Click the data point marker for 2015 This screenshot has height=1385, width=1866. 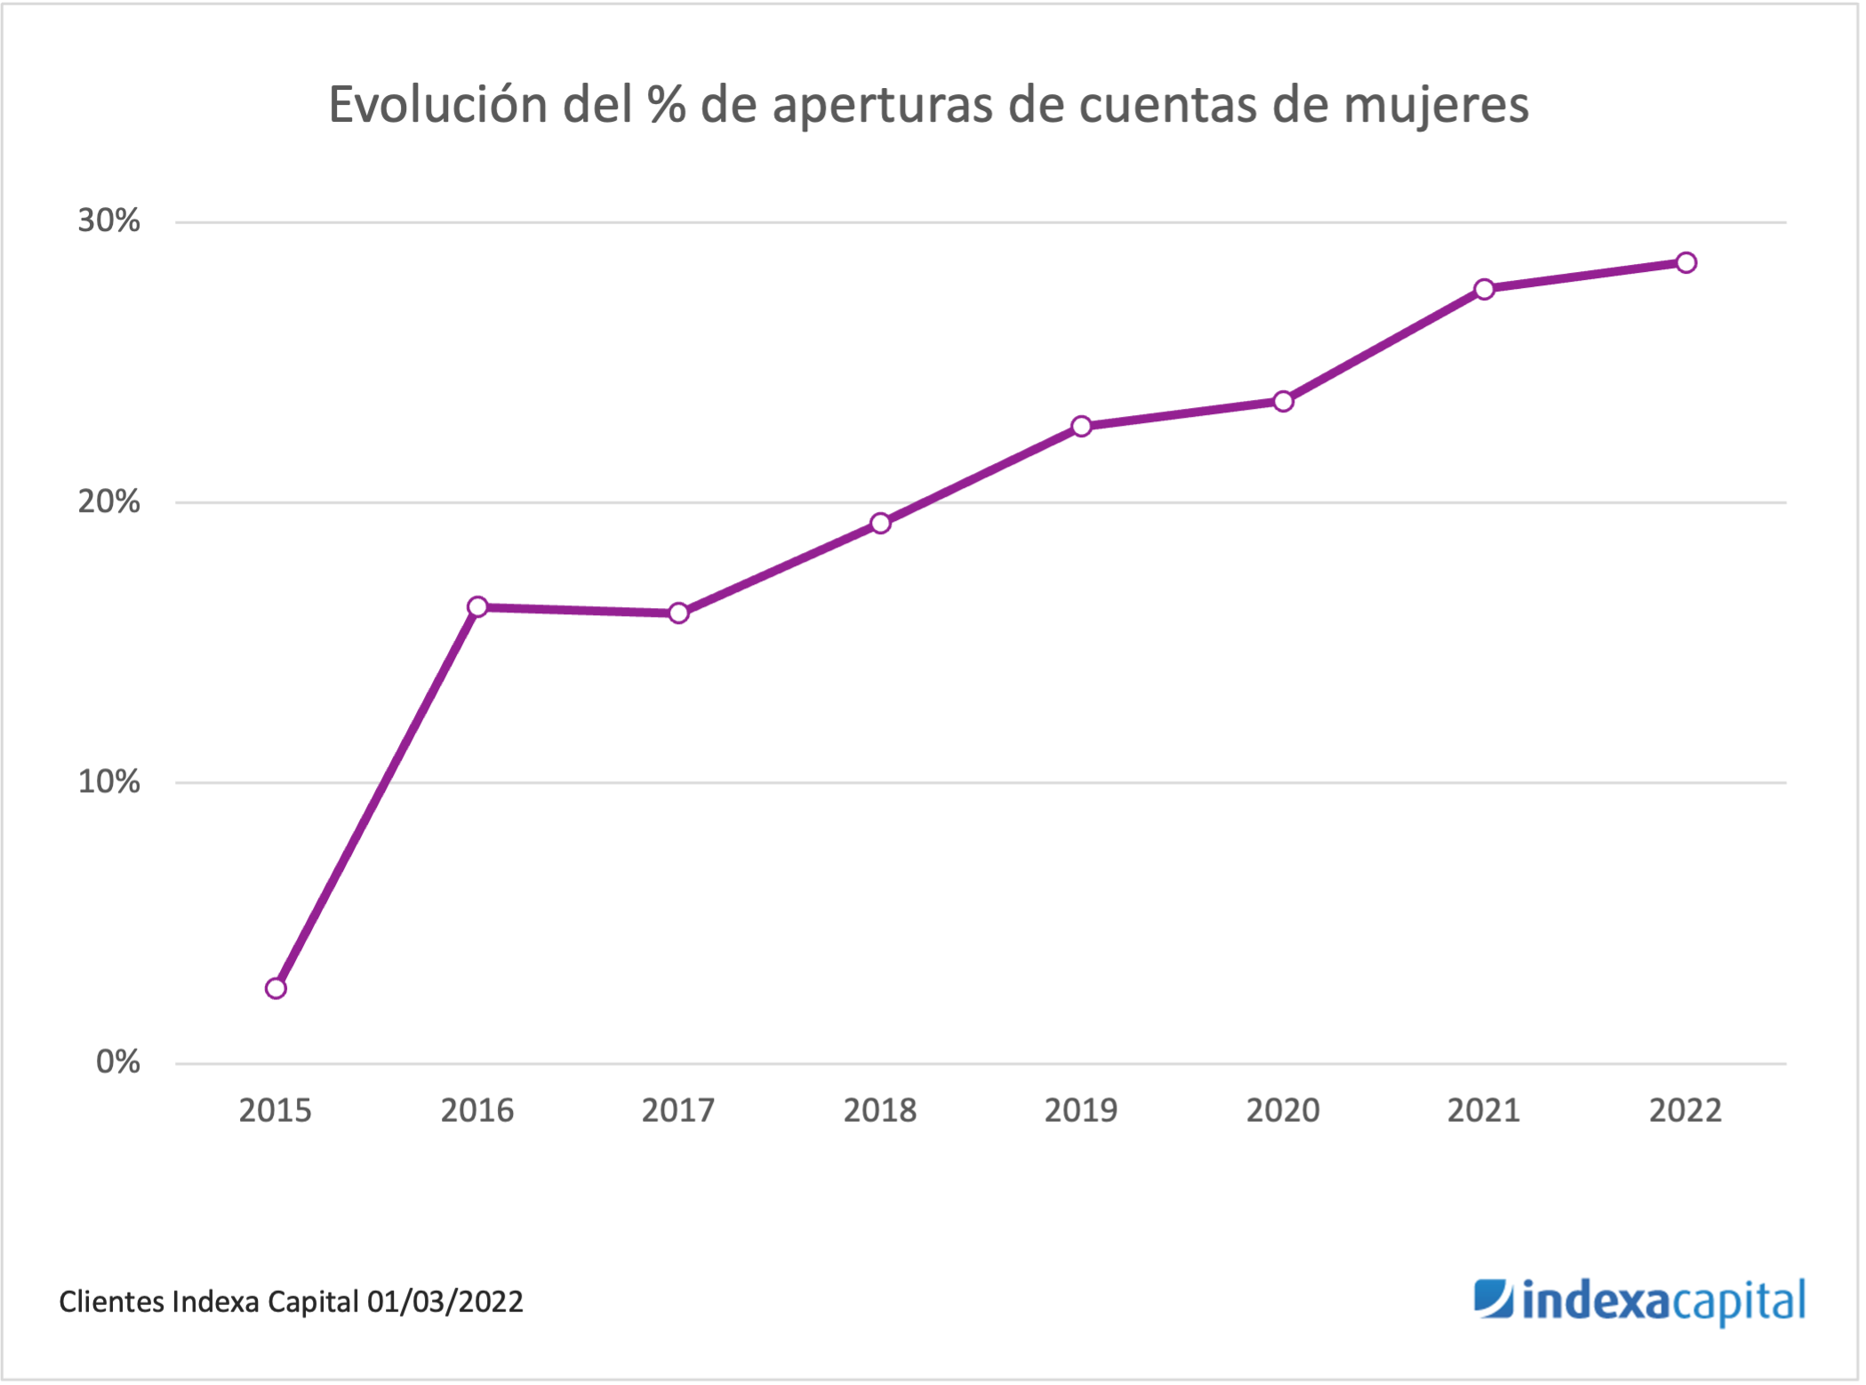276,989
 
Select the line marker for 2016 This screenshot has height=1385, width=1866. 477,607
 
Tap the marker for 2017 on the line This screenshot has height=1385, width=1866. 678,613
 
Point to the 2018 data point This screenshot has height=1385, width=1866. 880,523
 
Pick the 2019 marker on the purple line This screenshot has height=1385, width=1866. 1081,427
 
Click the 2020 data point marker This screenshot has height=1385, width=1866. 1283,402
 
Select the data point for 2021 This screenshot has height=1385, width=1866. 1484,289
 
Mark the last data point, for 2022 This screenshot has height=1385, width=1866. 1686,262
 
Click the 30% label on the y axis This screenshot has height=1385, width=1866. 108,220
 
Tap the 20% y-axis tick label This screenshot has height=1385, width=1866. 108,501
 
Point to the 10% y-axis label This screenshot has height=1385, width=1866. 108,781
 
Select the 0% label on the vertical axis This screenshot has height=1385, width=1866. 117,1061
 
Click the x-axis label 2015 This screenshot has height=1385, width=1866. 276,1110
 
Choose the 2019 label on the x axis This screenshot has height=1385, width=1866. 1081,1110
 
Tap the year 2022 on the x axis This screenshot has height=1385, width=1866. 1686,1110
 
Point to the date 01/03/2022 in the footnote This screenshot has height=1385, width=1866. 445,1301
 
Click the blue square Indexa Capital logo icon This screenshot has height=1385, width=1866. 1493,1299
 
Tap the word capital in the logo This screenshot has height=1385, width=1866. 1739,1302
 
